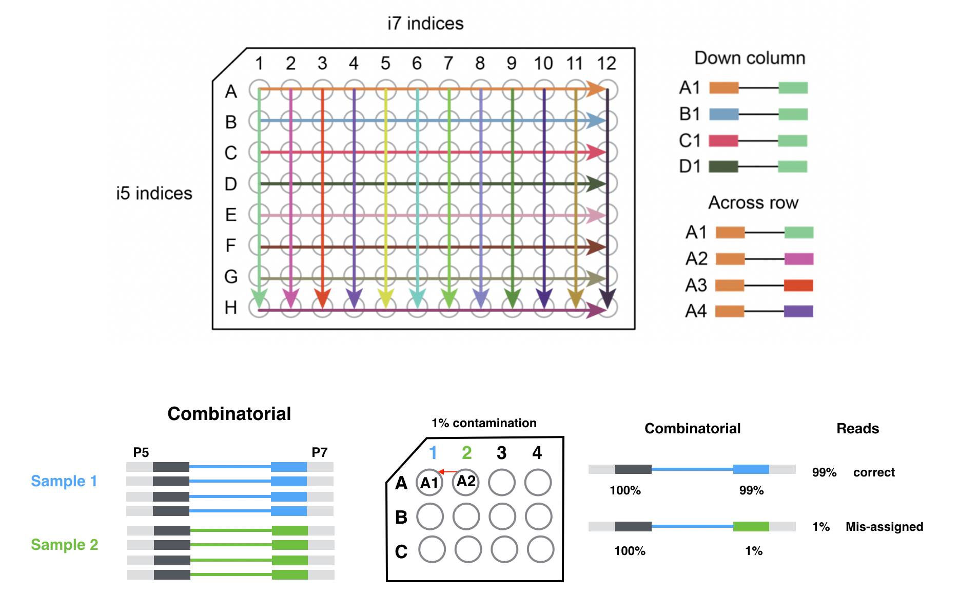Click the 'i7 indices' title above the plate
(425, 24)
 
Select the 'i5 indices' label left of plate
(154, 194)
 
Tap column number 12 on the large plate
(606, 63)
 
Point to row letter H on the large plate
(231, 308)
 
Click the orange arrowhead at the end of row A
(595, 89)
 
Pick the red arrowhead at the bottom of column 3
(322, 298)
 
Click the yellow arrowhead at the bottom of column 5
(385, 298)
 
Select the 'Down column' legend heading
(750, 58)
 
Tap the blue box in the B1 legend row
(723, 114)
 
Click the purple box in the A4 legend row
(798, 311)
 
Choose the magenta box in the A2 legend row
(798, 259)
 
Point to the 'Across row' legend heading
(753, 203)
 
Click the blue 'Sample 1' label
(64, 481)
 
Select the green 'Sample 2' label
(64, 545)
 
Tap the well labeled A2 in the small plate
(466, 482)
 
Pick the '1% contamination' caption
(484, 423)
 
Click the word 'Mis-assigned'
(884, 527)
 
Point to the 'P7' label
(319, 452)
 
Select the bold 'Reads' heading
(857, 429)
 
